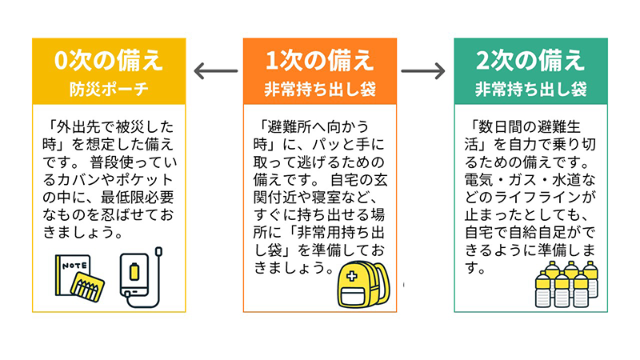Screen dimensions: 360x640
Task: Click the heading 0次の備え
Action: tap(109, 61)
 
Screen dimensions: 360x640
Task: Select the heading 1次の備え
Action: tap(320, 61)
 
